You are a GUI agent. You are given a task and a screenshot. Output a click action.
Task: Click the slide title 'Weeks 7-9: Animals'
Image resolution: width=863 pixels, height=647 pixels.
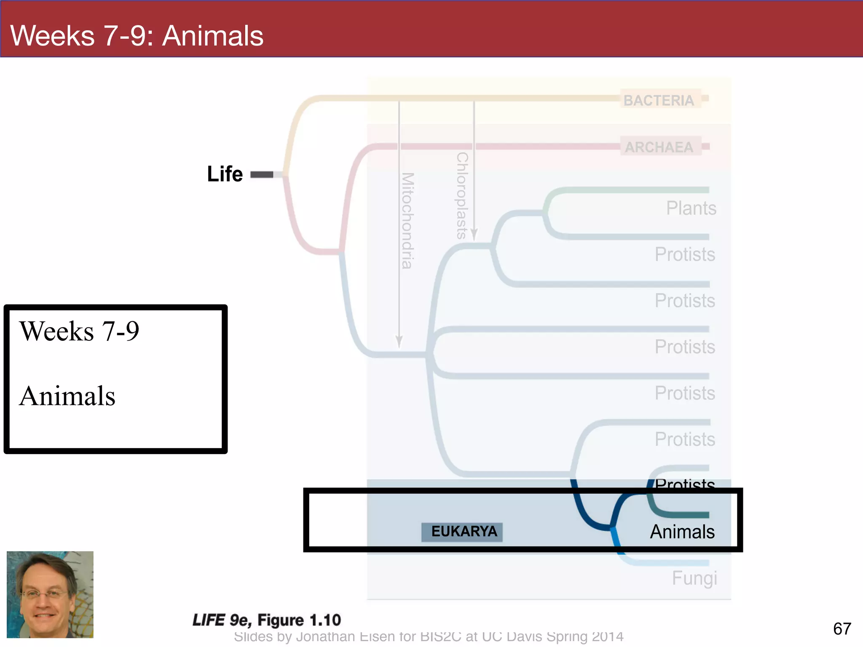(x=137, y=35)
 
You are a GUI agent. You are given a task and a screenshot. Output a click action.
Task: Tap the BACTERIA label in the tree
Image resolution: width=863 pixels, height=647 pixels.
(x=659, y=100)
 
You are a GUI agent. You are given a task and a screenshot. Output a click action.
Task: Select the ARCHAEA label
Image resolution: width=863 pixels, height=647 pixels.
(x=659, y=147)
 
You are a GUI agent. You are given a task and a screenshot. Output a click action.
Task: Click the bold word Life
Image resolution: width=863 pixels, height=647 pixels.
(x=225, y=174)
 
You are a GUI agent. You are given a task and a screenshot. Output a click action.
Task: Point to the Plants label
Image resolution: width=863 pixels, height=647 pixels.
(x=691, y=208)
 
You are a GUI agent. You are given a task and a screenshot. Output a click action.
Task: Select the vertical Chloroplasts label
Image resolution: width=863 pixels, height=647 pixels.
(x=462, y=195)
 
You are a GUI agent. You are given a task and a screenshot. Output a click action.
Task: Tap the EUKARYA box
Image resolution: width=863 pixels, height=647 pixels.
(x=462, y=532)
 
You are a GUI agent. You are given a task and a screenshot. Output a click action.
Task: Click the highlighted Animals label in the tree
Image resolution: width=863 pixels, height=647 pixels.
(x=682, y=532)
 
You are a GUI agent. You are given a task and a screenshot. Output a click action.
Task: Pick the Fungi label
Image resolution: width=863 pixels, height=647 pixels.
(x=694, y=578)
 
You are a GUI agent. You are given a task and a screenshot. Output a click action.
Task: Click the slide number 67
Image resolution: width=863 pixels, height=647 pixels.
(x=842, y=629)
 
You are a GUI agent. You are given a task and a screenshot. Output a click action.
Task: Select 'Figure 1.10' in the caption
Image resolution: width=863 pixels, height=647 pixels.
(x=299, y=620)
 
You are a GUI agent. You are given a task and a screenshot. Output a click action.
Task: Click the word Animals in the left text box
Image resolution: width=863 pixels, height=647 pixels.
(x=67, y=396)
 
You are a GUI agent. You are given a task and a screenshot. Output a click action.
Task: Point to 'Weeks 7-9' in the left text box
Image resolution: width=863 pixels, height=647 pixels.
(x=79, y=331)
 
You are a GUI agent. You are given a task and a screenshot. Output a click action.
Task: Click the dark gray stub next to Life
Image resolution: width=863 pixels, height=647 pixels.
(x=262, y=174)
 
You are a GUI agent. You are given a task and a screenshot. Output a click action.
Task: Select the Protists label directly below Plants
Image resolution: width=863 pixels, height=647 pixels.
(x=685, y=254)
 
